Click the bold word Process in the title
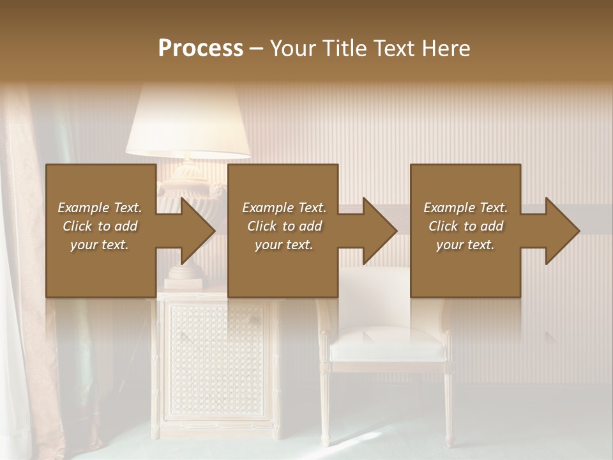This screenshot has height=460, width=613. [x=201, y=49]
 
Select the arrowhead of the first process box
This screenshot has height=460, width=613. [x=195, y=231]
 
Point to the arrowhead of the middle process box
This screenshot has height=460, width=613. [x=377, y=231]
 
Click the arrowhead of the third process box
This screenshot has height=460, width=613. [x=560, y=231]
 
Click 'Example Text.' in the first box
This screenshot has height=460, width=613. [x=100, y=208]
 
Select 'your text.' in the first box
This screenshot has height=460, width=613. [x=100, y=245]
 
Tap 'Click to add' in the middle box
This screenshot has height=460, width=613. [x=284, y=226]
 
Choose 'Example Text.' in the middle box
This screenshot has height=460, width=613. [x=284, y=208]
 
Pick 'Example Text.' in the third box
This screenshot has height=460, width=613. [x=465, y=208]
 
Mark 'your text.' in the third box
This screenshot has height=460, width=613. [x=465, y=245]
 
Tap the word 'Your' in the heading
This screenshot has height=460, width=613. [x=293, y=49]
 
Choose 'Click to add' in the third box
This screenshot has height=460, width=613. [x=465, y=226]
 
